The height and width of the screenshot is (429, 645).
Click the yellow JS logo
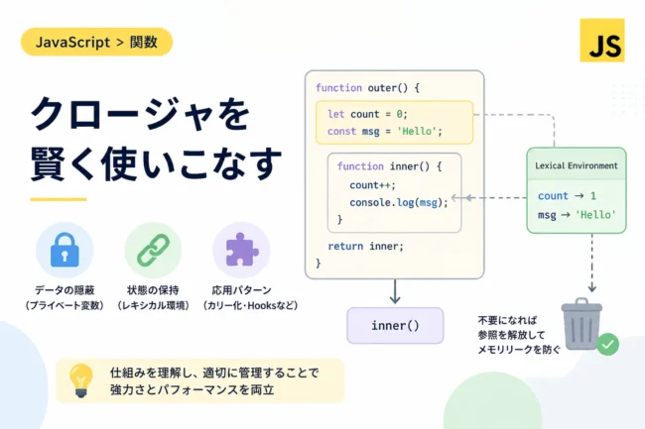pyautogui.click(x=602, y=41)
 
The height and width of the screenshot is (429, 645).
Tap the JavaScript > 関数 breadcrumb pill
pyautogui.click(x=96, y=42)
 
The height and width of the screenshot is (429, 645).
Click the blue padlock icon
pyautogui.click(x=64, y=250)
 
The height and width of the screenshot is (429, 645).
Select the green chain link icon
pyautogui.click(x=153, y=250)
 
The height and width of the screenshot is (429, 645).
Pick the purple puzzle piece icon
pyautogui.click(x=242, y=250)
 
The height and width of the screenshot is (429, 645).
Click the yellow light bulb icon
pyautogui.click(x=81, y=380)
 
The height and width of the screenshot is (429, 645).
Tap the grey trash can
pyautogui.click(x=581, y=324)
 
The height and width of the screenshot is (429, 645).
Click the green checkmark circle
pyautogui.click(x=607, y=344)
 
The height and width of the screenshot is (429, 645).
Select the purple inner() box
pyautogui.click(x=395, y=326)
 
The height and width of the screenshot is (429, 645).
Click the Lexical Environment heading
pyautogui.click(x=577, y=165)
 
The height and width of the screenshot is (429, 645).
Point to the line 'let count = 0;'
pyautogui.click(x=367, y=114)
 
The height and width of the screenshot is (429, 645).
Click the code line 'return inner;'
pyautogui.click(x=366, y=246)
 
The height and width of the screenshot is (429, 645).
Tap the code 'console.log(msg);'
pyautogui.click(x=399, y=202)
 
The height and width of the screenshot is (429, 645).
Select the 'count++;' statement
pyautogui.click(x=372, y=185)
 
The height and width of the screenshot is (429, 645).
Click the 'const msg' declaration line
pyautogui.click(x=385, y=132)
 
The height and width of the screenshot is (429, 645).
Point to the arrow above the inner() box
pyautogui.click(x=395, y=291)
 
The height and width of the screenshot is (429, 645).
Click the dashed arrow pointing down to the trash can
pyautogui.click(x=592, y=263)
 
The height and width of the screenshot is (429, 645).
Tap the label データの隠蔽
pyautogui.click(x=64, y=290)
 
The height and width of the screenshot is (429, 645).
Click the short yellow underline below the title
pyautogui.click(x=59, y=199)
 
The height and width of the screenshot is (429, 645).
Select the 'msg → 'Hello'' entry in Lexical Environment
pyautogui.click(x=577, y=215)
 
